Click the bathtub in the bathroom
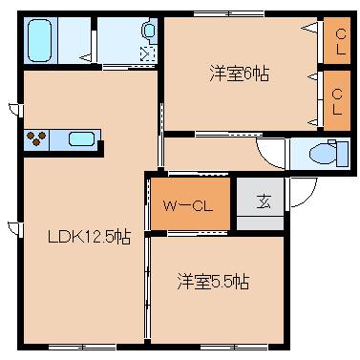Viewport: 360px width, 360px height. click(53, 40)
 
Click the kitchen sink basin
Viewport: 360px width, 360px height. click(82, 139)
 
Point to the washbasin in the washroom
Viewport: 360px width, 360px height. click(149, 32)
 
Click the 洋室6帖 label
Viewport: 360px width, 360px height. click(239, 74)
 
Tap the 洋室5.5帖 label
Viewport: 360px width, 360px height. click(213, 282)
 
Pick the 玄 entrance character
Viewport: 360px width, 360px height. click(260, 202)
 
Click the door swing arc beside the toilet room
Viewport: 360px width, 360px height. click(271, 154)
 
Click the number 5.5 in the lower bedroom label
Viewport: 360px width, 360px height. click(232, 282)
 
